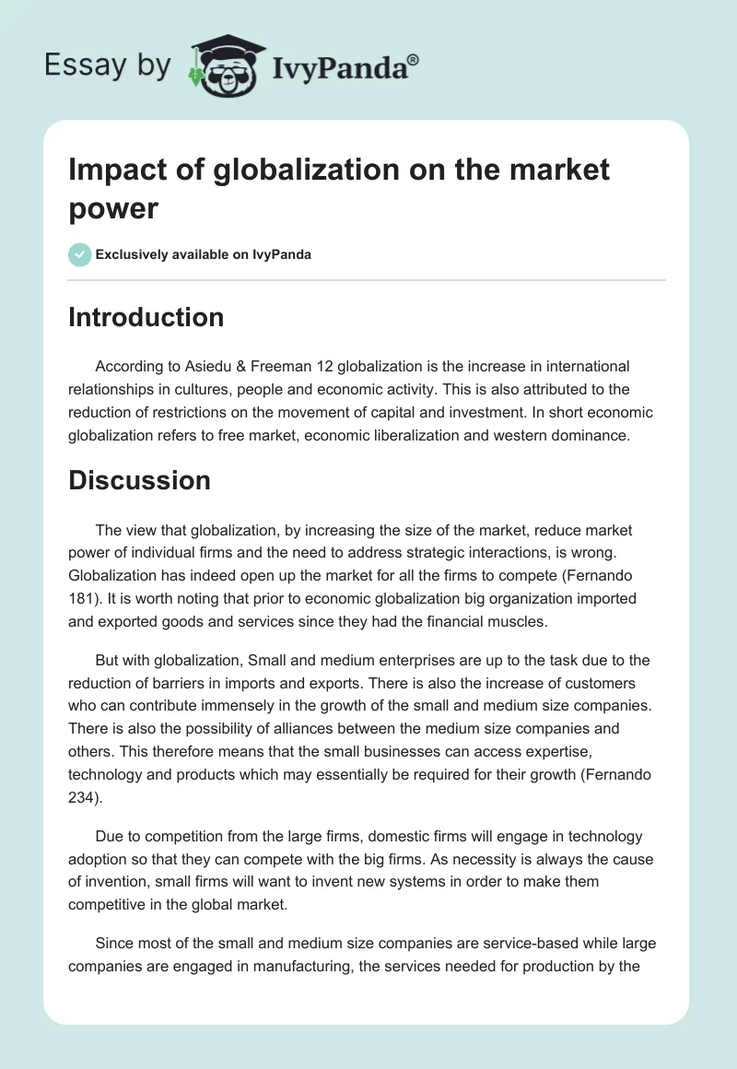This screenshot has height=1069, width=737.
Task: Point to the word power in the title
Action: [113, 208]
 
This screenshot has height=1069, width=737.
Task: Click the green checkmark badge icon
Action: [80, 254]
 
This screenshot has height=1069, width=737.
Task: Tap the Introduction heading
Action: [146, 317]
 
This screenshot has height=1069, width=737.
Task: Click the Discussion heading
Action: [139, 480]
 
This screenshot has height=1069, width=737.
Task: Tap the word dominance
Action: [583, 436]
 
